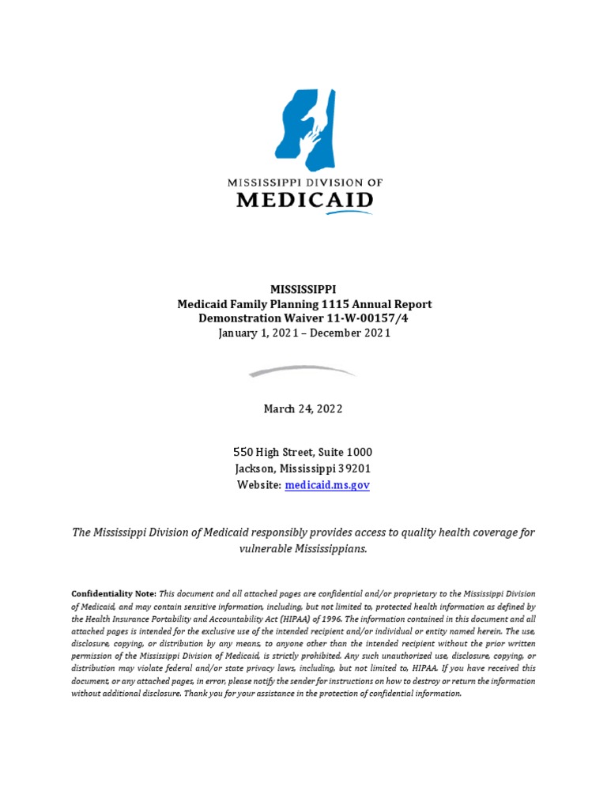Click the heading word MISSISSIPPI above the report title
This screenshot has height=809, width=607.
tap(303, 290)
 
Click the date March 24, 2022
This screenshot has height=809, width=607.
tap(303, 408)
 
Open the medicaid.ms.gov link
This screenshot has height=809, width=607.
tap(326, 485)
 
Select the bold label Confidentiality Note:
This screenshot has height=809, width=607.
tap(114, 593)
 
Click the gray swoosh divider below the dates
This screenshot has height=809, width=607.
tap(303, 371)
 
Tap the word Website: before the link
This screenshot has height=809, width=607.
tap(259, 485)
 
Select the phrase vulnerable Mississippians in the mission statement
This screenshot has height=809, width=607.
tap(303, 548)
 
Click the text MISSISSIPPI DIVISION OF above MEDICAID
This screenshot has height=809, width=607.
tap(304, 182)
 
